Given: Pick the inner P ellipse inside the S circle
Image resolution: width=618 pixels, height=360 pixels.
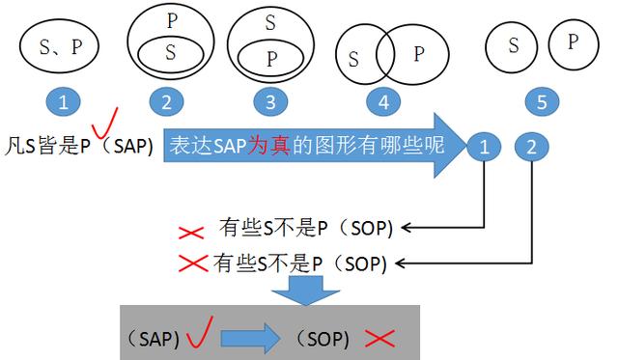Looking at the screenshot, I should pyautogui.click(x=270, y=56).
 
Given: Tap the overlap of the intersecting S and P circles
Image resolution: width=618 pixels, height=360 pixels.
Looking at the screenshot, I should pyautogui.click(x=385, y=54).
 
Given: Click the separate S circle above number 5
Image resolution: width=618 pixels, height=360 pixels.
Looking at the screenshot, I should pyautogui.click(x=513, y=45).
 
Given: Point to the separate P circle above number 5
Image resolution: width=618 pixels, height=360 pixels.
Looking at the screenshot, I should pyautogui.click(x=572, y=42).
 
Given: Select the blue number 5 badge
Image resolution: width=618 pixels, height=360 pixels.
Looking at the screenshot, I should pyautogui.click(x=541, y=101).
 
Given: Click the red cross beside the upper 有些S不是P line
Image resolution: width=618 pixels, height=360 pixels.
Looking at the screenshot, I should pyautogui.click(x=191, y=232).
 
